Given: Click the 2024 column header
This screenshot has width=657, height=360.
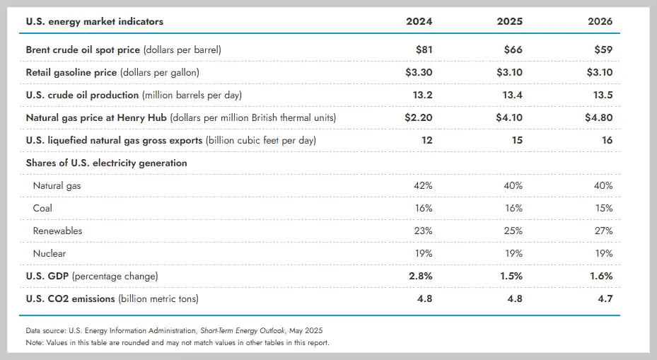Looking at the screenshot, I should point(419,21).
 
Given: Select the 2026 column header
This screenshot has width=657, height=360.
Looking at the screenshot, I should point(600,21).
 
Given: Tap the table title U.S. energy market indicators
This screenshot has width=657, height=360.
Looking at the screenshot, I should point(94,21).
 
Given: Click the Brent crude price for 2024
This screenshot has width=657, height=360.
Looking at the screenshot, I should point(422,50).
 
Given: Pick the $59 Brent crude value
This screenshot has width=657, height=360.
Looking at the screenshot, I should point(603,50).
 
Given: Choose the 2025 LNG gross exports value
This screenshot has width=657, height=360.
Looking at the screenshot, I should point(517,140).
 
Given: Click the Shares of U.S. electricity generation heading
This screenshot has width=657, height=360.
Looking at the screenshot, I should point(106,163).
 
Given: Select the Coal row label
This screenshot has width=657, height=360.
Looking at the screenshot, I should point(42,208).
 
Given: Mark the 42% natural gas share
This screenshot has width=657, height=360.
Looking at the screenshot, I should point(422,185).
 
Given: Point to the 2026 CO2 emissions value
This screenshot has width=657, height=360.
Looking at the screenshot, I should point(605,298).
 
